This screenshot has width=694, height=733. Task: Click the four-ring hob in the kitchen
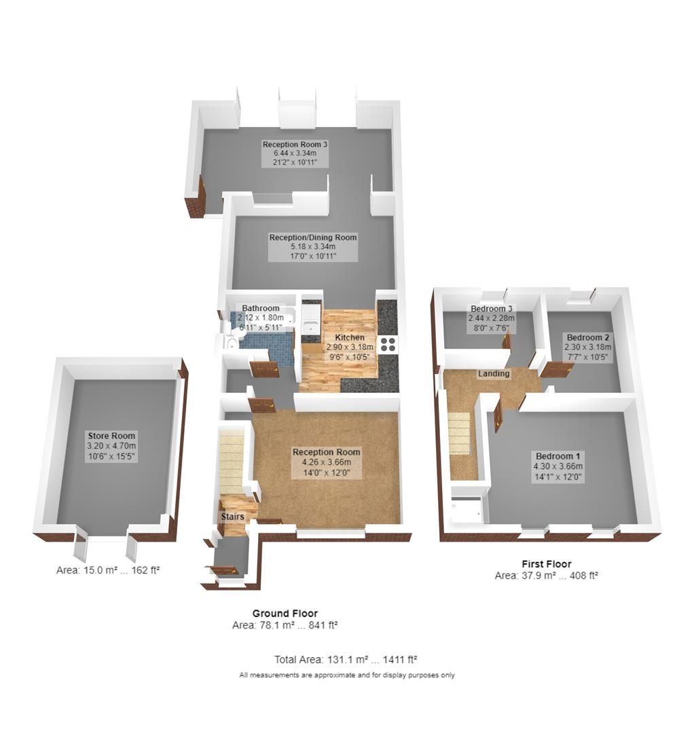389,344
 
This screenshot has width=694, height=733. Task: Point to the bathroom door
263,369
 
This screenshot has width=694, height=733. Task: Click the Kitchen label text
350,337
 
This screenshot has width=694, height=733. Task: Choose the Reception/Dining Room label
313,238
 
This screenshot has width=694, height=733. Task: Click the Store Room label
111,436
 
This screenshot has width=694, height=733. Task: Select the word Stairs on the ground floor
232,517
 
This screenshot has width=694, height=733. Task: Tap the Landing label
494,374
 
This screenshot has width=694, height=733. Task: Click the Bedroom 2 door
557,369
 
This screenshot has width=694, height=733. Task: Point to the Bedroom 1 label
558,456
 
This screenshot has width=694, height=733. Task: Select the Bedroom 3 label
492,309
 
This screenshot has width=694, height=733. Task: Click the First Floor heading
546,563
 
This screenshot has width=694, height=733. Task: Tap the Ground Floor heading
285,613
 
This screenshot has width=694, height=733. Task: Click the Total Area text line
346,659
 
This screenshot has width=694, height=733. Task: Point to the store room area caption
108,571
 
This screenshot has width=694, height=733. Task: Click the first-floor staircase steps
459,434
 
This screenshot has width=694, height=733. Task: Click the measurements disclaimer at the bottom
347,675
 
